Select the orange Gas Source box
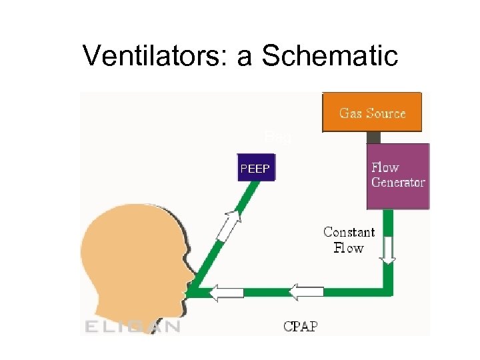coord(371,113)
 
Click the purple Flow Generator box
coord(398,175)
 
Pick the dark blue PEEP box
coord(255,169)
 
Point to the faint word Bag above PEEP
coord(277,137)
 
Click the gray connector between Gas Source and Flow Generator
coord(373,137)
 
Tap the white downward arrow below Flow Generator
coord(388,250)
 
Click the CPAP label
coord(301,327)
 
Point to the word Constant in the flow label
coord(349,232)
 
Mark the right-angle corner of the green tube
coord(388,291)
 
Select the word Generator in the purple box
coord(398,183)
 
